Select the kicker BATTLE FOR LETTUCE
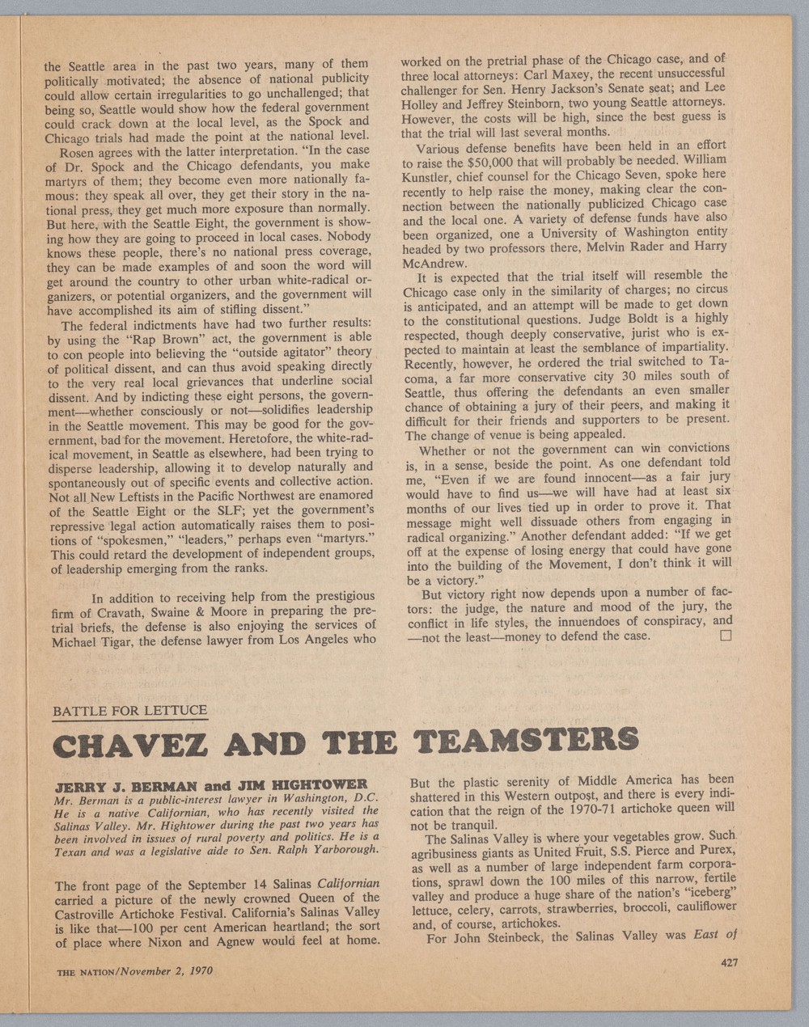[x=129, y=712]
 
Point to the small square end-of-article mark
[x=725, y=636]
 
